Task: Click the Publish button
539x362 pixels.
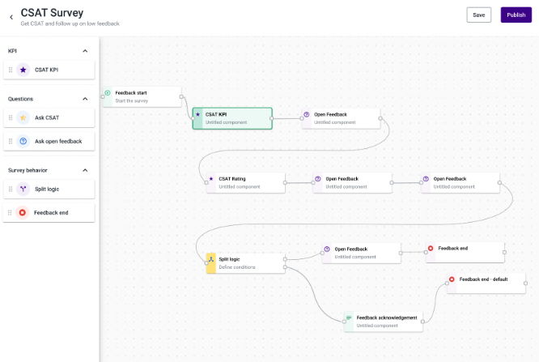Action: click(516, 15)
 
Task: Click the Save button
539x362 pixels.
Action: click(479, 15)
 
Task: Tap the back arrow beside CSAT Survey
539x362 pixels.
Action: click(11, 17)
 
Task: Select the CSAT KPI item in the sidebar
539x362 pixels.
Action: click(49, 70)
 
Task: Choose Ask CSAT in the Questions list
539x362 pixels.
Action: click(49, 117)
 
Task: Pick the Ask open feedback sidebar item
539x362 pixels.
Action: click(49, 141)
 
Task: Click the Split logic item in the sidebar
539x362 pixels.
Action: click(49, 189)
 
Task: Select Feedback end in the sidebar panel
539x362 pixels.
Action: click(49, 213)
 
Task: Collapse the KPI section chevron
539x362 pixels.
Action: click(85, 51)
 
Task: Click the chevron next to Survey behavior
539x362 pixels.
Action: click(85, 170)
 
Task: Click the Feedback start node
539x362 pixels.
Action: click(142, 96)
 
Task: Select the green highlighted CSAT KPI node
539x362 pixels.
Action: click(232, 118)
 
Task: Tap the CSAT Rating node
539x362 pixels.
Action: click(246, 183)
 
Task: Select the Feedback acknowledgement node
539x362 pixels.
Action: click(384, 322)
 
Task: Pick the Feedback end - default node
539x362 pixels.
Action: click(486, 283)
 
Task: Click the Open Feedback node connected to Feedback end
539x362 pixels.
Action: click(361, 253)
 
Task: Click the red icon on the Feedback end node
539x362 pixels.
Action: click(431, 248)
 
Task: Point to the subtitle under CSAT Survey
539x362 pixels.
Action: click(70, 23)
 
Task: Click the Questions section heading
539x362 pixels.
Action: click(20, 99)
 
